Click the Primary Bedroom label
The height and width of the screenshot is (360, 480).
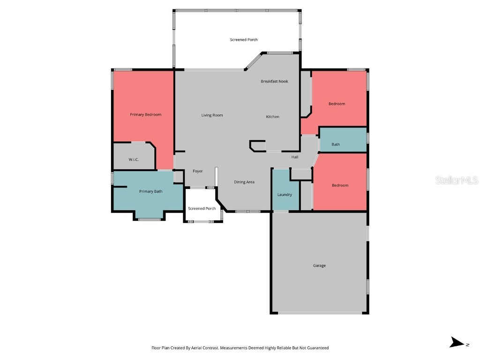[145, 115]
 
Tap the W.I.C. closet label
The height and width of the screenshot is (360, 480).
[134, 160]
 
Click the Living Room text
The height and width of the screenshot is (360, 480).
[212, 115]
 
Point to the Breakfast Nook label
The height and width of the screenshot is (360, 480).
[274, 82]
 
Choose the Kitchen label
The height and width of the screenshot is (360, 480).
[272, 117]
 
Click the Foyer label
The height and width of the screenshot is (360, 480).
[198, 172]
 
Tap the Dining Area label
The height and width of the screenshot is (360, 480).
[244, 182]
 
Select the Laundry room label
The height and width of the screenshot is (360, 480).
[285, 195]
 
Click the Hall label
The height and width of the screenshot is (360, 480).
[295, 157]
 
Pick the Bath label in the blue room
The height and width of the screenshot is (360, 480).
[336, 144]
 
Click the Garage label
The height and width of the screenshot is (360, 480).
[319, 266]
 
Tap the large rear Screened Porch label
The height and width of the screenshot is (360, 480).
[244, 40]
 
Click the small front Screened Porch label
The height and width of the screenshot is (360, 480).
[202, 209]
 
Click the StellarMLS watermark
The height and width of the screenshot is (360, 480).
[456, 180]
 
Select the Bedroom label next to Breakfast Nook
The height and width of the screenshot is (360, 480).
[337, 104]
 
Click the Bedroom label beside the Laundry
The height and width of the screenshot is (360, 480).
[340, 186]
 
